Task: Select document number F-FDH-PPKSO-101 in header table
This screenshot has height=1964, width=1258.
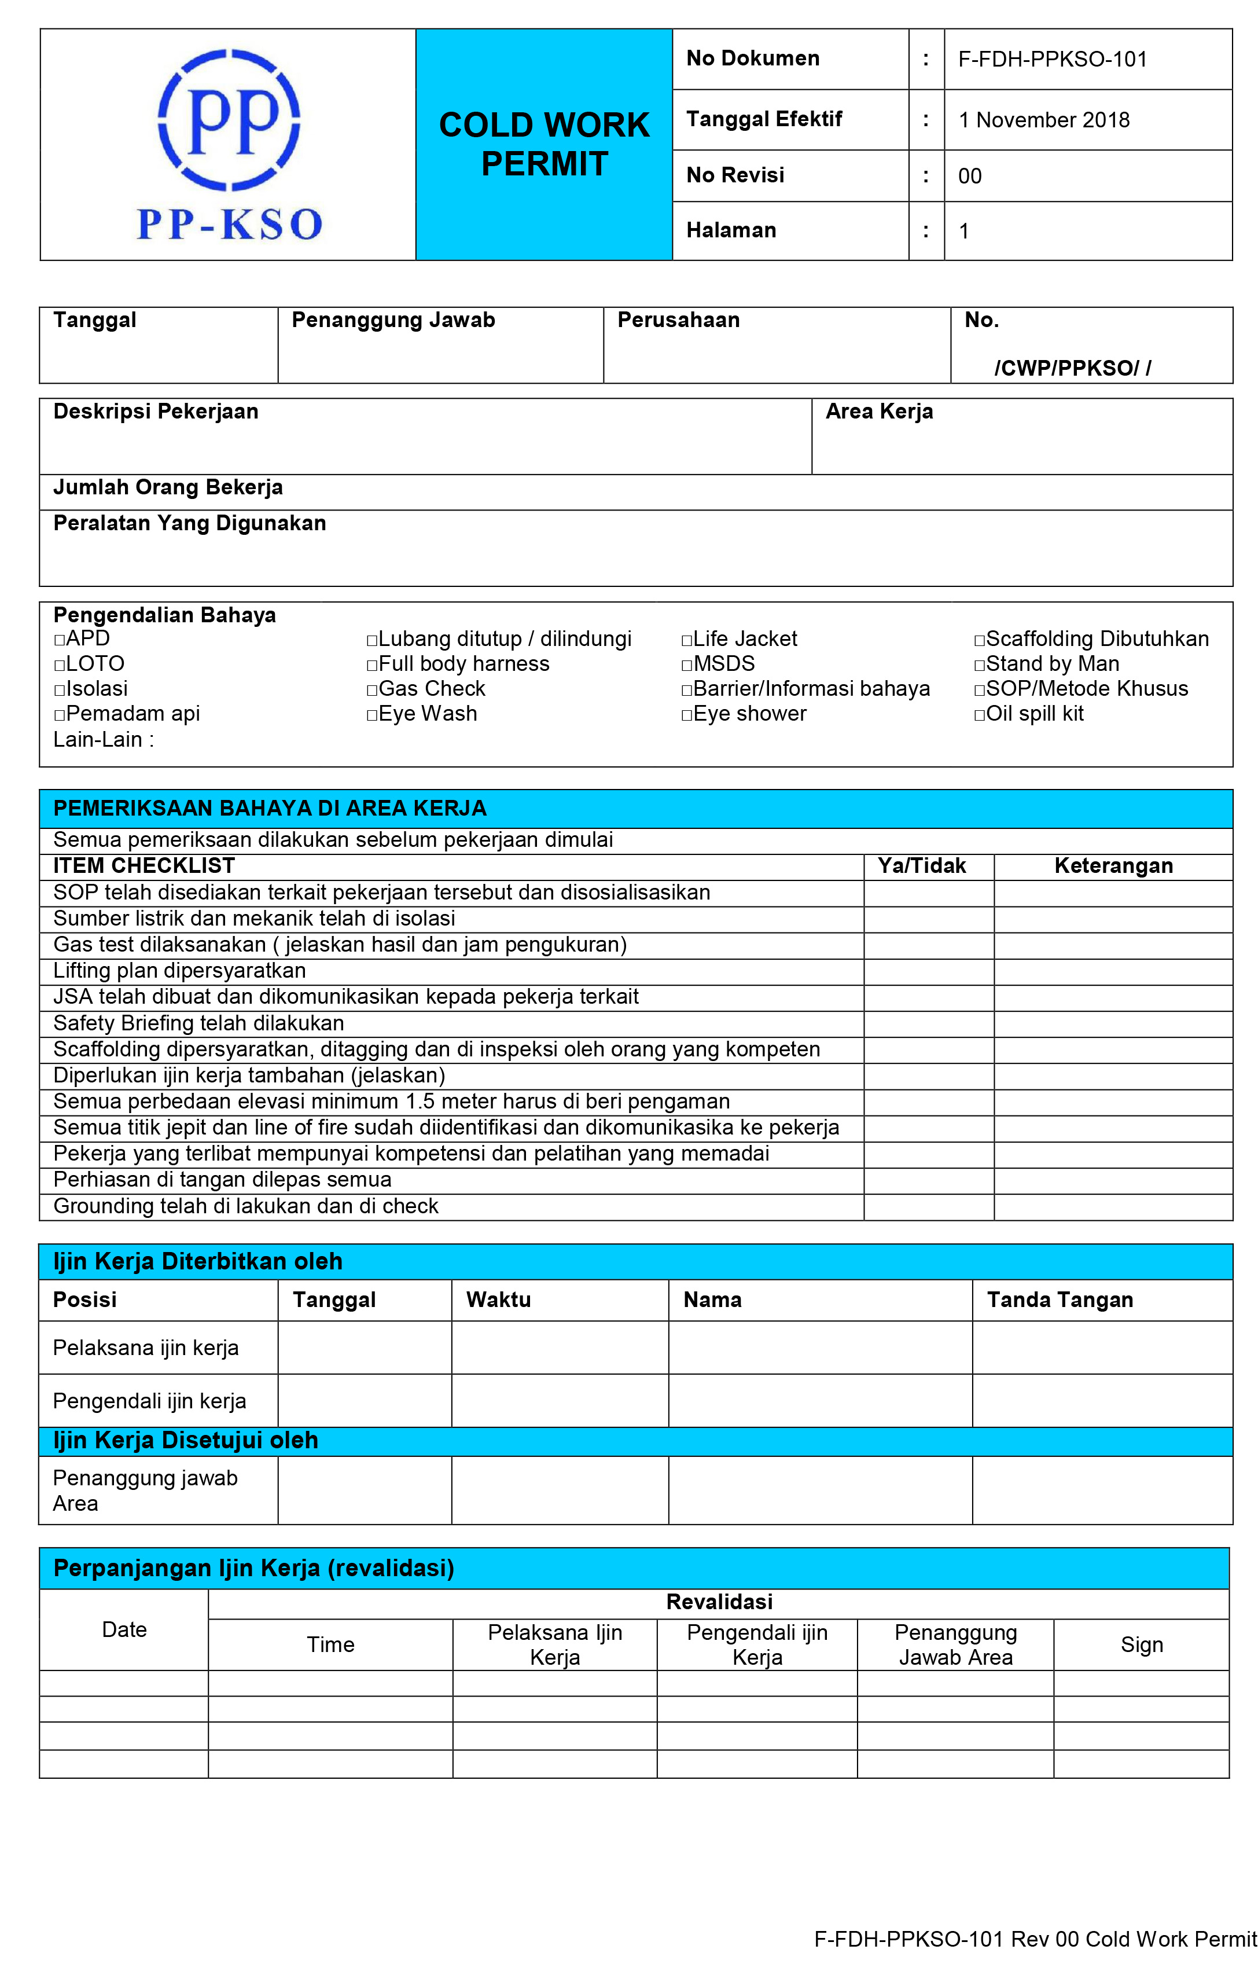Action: click(x=1052, y=59)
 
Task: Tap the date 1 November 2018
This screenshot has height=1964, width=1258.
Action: click(x=1043, y=120)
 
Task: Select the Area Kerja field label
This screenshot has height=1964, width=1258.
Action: click(x=878, y=411)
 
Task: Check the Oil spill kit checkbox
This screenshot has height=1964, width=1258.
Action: click(x=980, y=715)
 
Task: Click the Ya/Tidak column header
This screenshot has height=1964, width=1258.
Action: click(x=921, y=866)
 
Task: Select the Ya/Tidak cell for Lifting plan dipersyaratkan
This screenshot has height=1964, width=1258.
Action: click(x=928, y=971)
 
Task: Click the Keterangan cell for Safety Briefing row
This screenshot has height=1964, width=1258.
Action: click(x=1113, y=1023)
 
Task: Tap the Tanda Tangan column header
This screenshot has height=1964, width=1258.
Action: click(x=1060, y=1300)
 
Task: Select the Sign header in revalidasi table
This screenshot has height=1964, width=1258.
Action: click(x=1141, y=1644)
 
